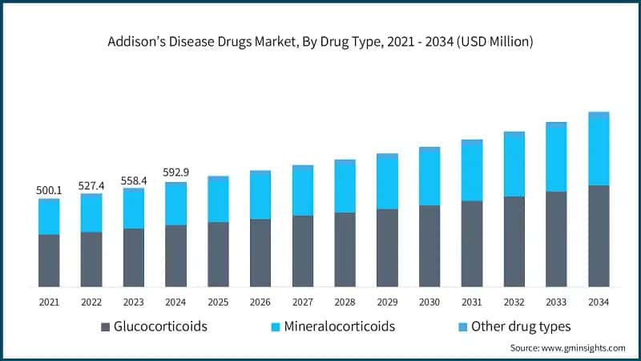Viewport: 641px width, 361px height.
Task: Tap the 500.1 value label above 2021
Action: tap(49, 189)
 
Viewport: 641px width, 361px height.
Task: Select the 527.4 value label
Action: tap(91, 185)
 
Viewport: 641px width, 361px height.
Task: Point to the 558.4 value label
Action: tap(133, 180)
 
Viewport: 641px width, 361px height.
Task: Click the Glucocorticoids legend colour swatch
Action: tap(105, 327)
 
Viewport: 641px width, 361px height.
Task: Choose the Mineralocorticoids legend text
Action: tap(340, 327)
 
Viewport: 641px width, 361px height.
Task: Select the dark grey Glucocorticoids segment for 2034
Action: tap(598, 236)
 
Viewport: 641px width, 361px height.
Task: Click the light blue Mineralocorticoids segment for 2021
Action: tap(49, 217)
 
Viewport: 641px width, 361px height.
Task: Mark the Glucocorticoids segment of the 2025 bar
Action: tap(218, 254)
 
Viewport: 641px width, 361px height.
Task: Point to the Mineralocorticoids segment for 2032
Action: tap(514, 166)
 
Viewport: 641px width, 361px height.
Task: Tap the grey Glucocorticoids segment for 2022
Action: tap(91, 259)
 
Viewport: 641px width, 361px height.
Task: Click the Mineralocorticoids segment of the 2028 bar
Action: tap(345, 188)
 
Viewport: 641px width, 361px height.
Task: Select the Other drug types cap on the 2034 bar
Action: tap(598, 115)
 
